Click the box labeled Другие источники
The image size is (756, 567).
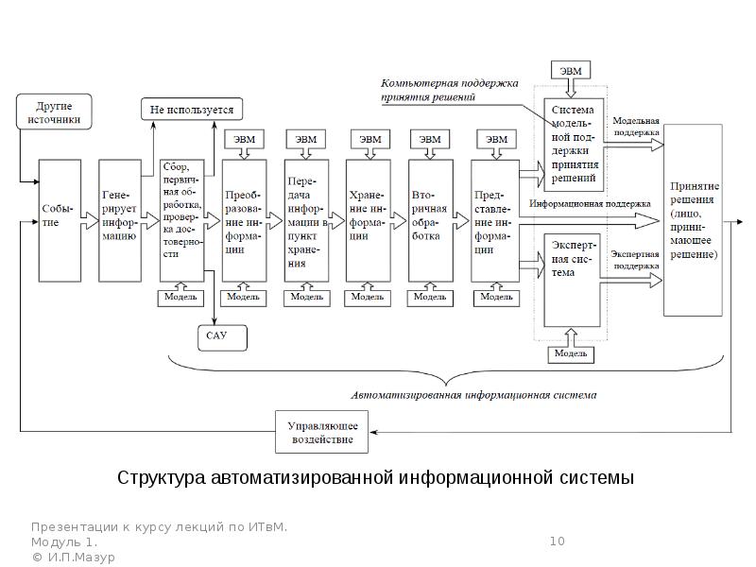53,112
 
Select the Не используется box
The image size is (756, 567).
192,110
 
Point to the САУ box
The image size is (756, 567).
218,337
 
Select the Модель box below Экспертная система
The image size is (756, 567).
572,353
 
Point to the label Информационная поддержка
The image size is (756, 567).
590,203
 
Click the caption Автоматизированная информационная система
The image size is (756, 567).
473,394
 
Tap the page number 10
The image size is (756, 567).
557,541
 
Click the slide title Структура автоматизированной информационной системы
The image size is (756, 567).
376,477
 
